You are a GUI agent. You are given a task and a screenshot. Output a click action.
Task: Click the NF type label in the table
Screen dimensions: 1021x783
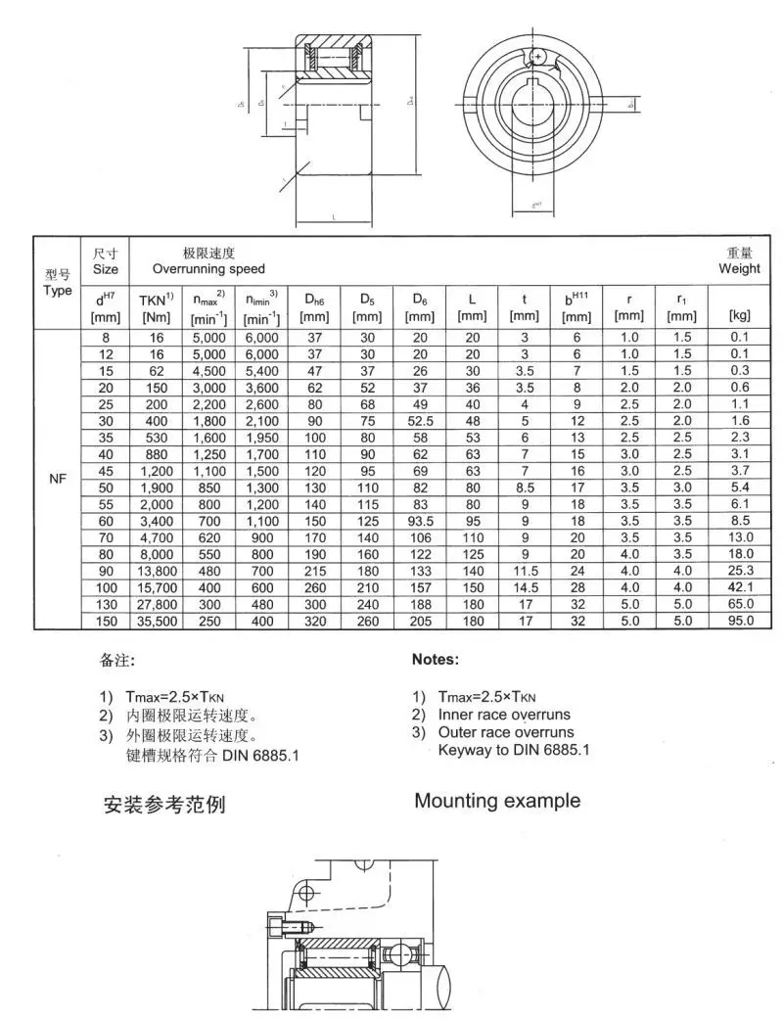click(57, 480)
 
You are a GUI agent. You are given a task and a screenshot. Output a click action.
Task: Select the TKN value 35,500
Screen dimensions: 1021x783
click(157, 621)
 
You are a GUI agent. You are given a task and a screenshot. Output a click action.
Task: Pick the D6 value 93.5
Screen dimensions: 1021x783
click(420, 521)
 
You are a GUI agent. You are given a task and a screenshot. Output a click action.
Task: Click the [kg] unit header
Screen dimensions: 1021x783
click(740, 315)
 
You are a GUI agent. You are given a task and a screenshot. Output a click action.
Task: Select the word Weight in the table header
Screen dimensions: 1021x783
click(739, 268)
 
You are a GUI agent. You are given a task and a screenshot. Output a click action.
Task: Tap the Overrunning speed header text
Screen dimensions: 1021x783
click(208, 268)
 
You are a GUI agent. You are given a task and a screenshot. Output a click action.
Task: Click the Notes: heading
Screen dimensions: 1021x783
click(435, 660)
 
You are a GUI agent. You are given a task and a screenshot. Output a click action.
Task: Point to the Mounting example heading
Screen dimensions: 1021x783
click(497, 801)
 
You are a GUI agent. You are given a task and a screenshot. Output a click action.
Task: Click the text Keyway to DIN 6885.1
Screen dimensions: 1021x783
click(514, 750)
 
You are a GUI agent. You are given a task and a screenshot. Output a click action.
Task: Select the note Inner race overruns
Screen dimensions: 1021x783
click(504, 715)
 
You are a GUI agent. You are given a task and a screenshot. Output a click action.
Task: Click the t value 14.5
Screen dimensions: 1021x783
click(525, 587)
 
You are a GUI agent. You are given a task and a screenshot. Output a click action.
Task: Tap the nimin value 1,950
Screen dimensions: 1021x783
click(261, 438)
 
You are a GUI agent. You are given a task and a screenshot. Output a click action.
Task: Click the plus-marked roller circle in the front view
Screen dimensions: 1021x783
click(537, 58)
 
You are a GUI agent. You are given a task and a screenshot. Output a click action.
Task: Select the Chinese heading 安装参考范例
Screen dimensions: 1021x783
click(164, 806)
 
